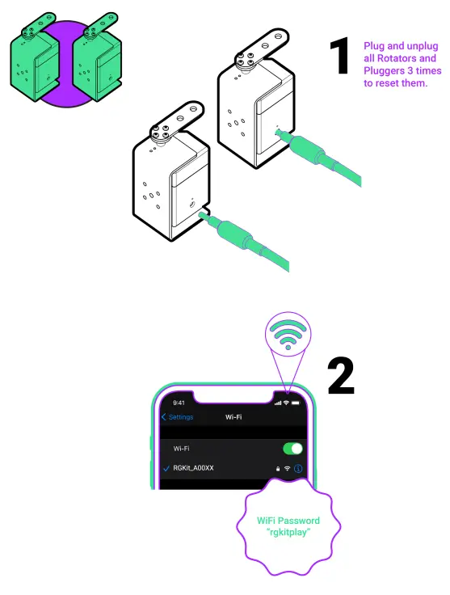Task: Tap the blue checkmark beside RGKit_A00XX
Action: [x=166, y=468]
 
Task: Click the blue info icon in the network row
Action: [x=298, y=468]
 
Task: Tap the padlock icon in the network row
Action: [x=277, y=468]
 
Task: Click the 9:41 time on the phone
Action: [x=179, y=402]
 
